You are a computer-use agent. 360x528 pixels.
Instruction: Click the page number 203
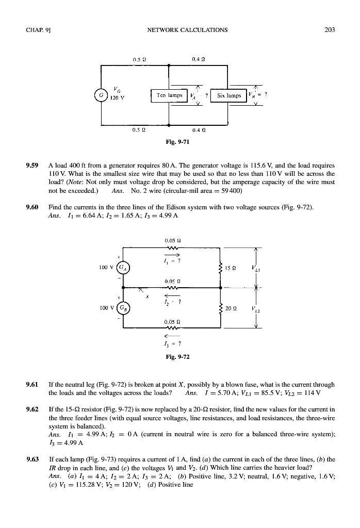click(x=330, y=30)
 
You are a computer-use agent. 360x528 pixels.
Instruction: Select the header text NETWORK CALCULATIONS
click(x=187, y=30)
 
